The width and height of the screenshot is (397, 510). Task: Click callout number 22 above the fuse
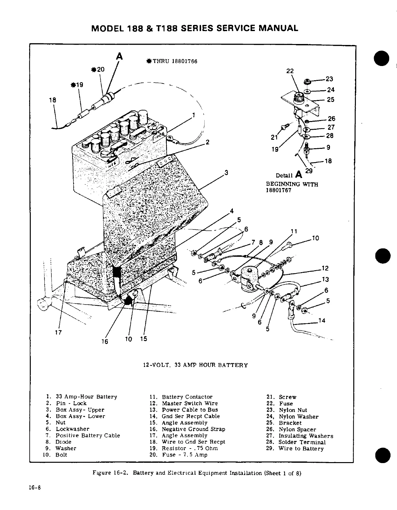click(290, 71)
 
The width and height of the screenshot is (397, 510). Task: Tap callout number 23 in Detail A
click(329, 79)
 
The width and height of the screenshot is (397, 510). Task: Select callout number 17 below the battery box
click(58, 332)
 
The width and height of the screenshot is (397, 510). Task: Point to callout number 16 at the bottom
click(105, 341)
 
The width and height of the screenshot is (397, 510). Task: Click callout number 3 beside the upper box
click(227, 172)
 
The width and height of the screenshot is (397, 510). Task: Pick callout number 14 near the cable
click(322, 321)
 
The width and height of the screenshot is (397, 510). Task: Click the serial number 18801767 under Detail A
click(278, 190)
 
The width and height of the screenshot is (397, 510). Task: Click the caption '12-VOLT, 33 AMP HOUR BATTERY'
click(195, 365)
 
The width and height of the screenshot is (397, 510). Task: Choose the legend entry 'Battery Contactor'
click(187, 397)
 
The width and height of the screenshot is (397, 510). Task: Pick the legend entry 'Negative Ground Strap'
click(193, 429)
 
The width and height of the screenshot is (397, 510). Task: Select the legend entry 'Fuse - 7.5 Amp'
click(185, 455)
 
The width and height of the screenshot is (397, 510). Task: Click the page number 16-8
click(34, 488)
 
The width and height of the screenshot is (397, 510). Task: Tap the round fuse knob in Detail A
click(298, 96)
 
